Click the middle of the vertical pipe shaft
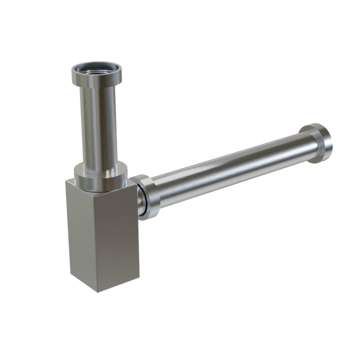[98, 126]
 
